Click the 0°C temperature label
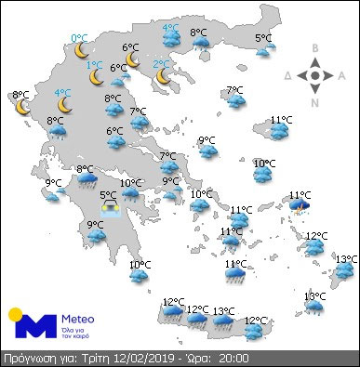79,38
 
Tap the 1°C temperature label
94,65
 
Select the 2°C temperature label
161,65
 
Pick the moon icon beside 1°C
97,77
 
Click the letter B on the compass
315,48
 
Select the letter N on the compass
315,102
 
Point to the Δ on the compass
288,75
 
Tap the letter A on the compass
342,75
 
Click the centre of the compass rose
315,75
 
